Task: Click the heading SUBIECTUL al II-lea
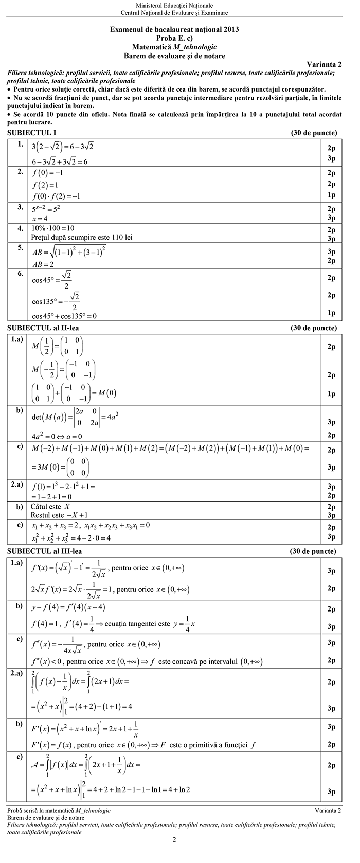tap(43, 328)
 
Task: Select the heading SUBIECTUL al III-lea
tap(45, 551)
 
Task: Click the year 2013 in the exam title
tap(229, 30)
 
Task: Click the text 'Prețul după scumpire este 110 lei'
tap(85, 237)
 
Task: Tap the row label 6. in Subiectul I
tap(21, 274)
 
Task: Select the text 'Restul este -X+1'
tap(59, 515)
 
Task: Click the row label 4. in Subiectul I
tap(21, 227)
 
